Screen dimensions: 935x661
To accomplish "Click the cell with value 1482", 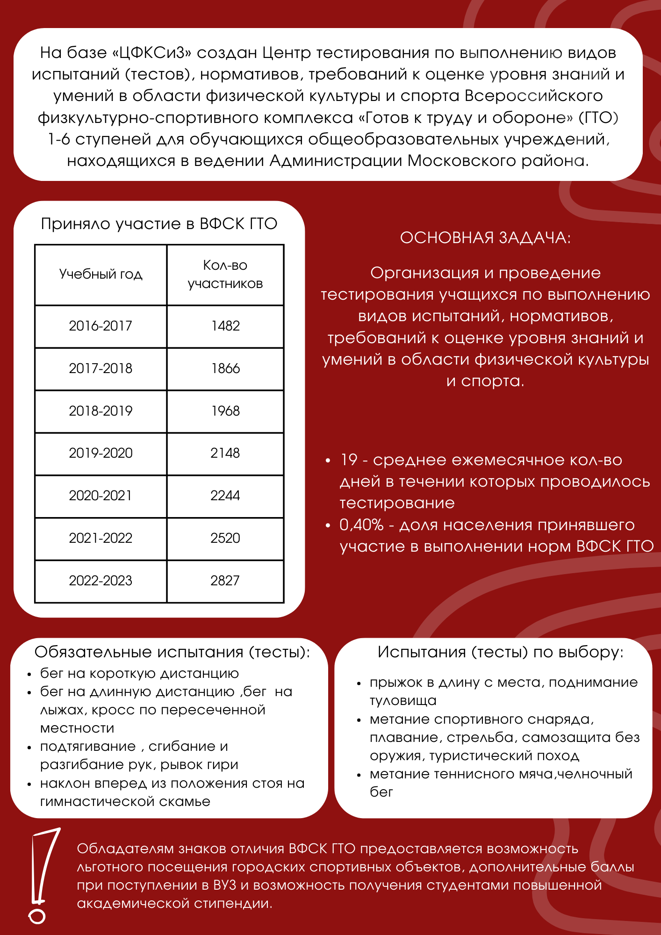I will click(225, 326).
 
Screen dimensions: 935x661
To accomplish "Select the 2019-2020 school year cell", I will click(101, 453).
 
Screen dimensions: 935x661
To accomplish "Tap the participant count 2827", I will click(225, 581).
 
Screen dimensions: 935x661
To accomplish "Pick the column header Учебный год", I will click(101, 274).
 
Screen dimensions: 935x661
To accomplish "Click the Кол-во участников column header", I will click(225, 274).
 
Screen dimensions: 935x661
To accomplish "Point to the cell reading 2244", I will click(225, 496).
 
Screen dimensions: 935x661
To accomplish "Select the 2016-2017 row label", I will click(101, 326).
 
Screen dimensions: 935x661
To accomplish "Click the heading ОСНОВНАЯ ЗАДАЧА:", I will click(485, 237).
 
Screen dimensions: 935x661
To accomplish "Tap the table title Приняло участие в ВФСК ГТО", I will click(159, 223).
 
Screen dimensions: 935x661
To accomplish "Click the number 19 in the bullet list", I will click(349, 460).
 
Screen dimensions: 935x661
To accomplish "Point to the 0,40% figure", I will click(361, 525).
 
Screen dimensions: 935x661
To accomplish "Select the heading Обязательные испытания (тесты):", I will click(172, 652).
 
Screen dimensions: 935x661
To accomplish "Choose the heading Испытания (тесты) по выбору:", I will click(501, 652).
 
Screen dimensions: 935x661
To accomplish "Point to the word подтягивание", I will click(88, 747).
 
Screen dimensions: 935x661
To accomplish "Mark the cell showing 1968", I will click(225, 411).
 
